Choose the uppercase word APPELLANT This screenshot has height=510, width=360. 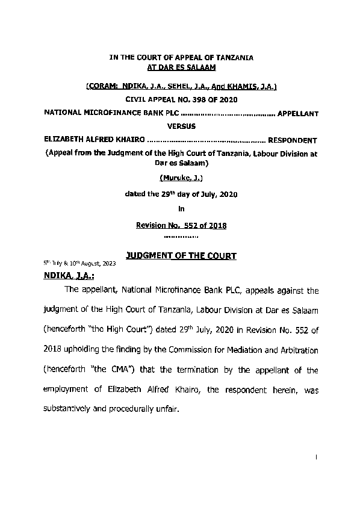pos(295,113)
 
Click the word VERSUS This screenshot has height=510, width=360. pos(181,127)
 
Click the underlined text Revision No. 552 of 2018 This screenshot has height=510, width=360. pos(181,225)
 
